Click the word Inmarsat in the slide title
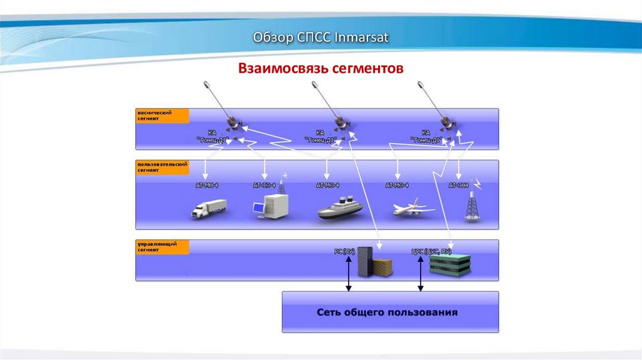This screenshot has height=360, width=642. pos(362,38)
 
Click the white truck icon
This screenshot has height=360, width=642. pos(209,208)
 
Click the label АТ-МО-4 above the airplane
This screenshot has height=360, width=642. pos(397,186)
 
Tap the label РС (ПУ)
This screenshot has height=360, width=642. pos(344,251)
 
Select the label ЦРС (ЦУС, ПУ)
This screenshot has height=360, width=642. pos(430,251)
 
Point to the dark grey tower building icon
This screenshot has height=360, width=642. pos(366,262)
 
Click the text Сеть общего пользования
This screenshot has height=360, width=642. pos(387,312)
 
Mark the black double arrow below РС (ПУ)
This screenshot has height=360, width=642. pos(349,275)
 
